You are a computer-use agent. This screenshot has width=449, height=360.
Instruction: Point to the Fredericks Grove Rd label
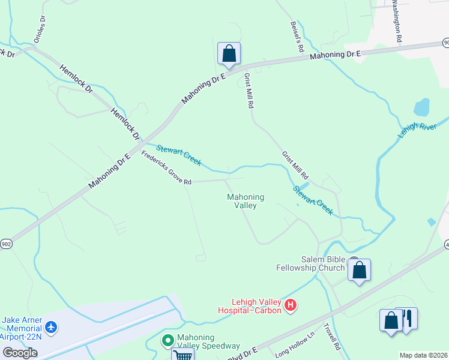166,168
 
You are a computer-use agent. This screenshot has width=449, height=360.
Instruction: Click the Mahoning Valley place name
246,201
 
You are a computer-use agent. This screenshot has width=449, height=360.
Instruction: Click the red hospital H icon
291,305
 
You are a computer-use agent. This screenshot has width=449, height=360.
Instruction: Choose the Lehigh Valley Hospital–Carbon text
249,306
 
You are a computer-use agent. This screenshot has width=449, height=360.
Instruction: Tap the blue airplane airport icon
52,328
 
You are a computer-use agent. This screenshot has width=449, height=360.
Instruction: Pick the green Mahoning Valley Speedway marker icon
168,340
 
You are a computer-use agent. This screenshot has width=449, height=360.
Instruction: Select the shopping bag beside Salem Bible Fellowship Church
359,270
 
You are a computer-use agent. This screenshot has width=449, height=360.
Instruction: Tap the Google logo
20,353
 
